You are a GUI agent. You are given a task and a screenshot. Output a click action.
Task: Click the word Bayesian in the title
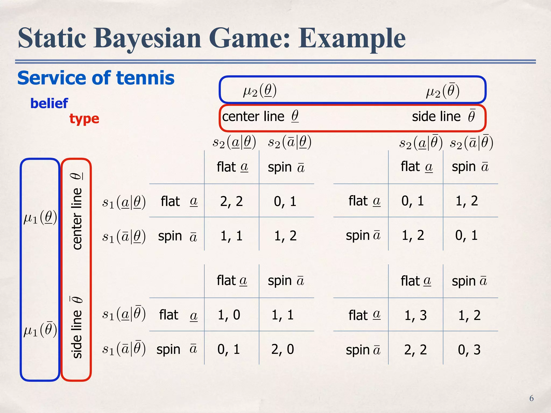click(147, 38)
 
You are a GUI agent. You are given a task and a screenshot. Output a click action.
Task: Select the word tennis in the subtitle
click(145, 78)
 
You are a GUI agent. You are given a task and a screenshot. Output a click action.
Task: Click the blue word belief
click(49, 104)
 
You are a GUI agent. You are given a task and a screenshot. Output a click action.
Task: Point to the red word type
click(84, 119)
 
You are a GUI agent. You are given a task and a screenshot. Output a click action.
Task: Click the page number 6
click(531, 398)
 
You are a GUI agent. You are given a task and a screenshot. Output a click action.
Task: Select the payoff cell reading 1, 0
click(229, 315)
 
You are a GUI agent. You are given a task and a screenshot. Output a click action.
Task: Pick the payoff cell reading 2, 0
click(282, 349)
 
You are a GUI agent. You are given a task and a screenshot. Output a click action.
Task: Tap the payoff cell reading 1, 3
click(415, 315)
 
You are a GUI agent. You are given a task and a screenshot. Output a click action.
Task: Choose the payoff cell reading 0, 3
click(469, 350)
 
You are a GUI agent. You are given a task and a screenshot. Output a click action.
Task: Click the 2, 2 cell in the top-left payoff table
click(231, 201)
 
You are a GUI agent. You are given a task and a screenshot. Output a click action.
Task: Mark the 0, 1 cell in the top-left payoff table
click(285, 201)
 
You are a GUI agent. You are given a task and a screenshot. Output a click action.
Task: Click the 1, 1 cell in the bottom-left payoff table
click(282, 315)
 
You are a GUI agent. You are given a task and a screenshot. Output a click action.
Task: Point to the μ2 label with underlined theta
click(260, 91)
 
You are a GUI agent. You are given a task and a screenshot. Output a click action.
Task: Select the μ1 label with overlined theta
click(40, 330)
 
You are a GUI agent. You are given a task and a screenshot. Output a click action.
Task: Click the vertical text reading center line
click(77, 218)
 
